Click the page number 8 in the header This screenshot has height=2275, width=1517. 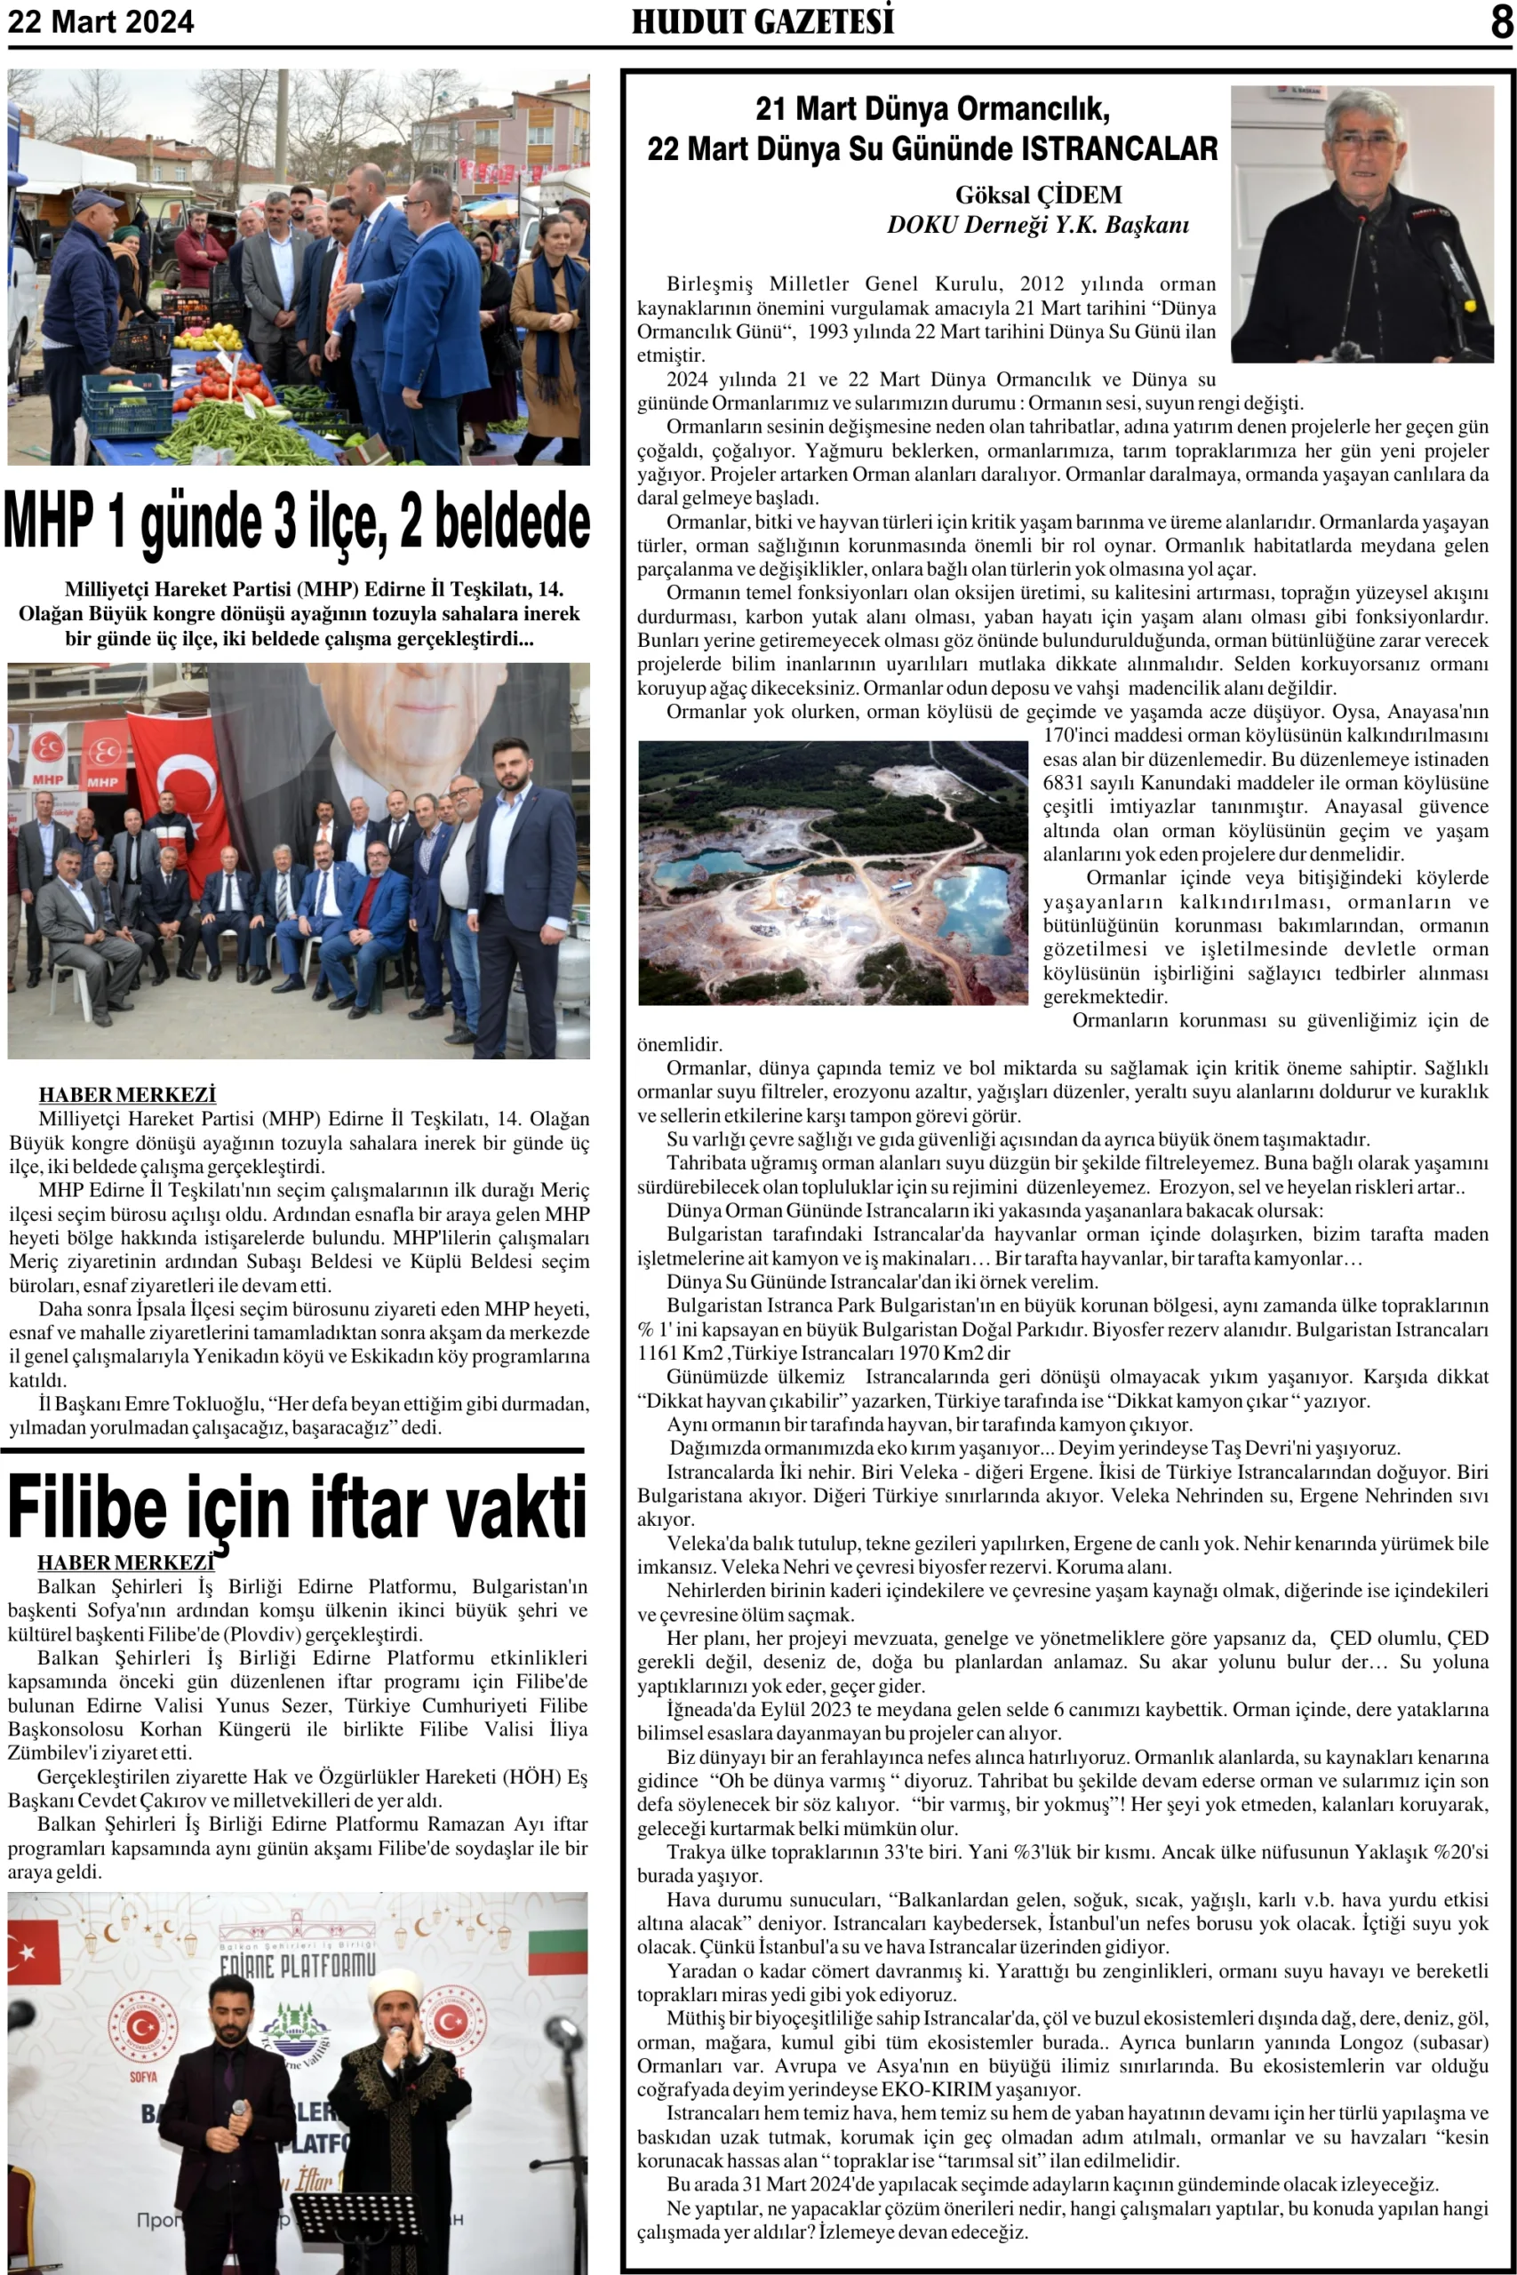(x=1500, y=21)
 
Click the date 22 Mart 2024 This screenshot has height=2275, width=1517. (x=100, y=21)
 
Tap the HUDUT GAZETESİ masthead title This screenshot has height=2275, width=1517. (x=762, y=21)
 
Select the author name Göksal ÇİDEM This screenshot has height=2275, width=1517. (x=1038, y=195)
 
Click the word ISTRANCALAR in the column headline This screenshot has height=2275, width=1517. (x=1120, y=149)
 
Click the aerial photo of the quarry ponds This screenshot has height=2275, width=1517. (x=832, y=872)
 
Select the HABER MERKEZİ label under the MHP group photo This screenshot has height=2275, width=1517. (x=127, y=1094)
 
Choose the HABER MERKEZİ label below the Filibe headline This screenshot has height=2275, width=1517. (x=124, y=1562)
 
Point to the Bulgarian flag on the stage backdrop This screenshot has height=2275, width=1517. (x=557, y=1952)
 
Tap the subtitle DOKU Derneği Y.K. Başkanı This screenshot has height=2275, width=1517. (x=1038, y=226)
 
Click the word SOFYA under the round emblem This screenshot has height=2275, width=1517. (x=143, y=2077)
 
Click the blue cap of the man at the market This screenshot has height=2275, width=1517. (x=97, y=201)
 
